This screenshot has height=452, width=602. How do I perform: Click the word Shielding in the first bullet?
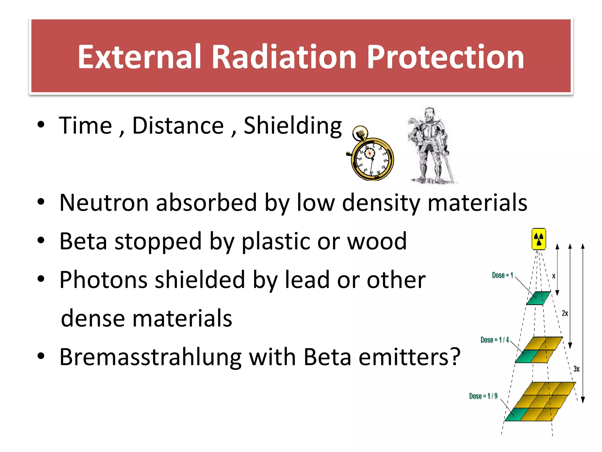(x=292, y=126)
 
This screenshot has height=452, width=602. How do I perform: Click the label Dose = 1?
(x=502, y=275)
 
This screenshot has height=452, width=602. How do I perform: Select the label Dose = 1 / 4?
(x=494, y=340)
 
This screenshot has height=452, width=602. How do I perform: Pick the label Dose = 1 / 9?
(x=483, y=396)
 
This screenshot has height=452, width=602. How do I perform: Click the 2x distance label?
(x=565, y=313)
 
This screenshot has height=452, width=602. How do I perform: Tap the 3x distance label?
(x=576, y=369)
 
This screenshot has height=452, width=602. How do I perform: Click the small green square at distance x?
(x=538, y=298)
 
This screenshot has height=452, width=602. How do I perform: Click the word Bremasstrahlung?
(x=150, y=357)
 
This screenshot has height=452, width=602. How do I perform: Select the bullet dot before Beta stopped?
(x=41, y=241)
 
